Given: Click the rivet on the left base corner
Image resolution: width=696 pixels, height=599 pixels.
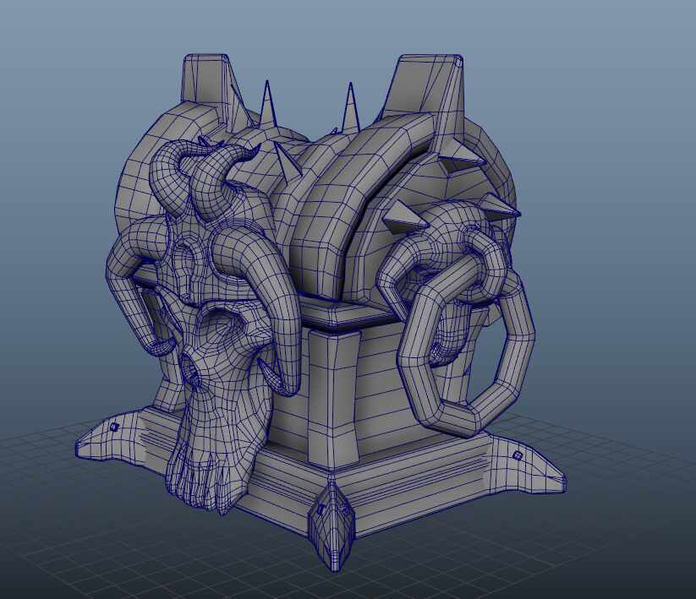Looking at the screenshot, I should tap(114, 427).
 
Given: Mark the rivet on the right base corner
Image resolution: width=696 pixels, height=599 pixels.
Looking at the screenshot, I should tap(517, 455).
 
